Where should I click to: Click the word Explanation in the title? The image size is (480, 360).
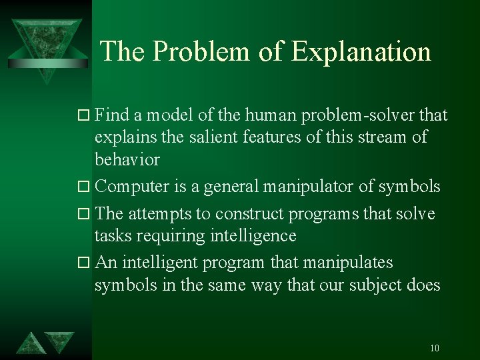coord(361,52)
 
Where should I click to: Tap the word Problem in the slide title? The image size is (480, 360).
coord(203,52)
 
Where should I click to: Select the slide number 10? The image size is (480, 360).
coord(435,348)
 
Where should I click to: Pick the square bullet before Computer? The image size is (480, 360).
coord(85,187)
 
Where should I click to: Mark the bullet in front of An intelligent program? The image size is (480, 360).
coord(85,263)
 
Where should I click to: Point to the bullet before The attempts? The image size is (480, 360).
coord(85,214)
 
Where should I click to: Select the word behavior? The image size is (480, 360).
coord(127,159)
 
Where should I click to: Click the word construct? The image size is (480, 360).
coord(249,213)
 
